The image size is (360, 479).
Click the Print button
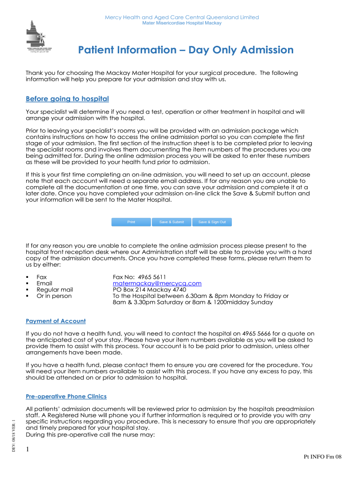pos(131,222)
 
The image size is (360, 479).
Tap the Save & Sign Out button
pos(212,222)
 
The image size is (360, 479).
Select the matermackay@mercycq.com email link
pos(157,283)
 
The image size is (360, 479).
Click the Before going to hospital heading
pos(67,99)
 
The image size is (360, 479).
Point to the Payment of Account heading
pos(56,321)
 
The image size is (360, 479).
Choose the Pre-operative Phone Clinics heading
pos(66,396)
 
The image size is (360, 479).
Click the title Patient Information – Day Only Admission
pos(186,50)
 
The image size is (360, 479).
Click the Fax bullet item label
pos(42,277)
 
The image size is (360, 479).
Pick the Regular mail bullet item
pos(55,290)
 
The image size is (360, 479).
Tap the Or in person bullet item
pos(54,296)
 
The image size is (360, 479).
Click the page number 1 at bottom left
pos(28,450)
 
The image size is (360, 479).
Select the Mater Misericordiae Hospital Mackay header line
pos(181,23)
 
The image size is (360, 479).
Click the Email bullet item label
pos(44,283)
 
